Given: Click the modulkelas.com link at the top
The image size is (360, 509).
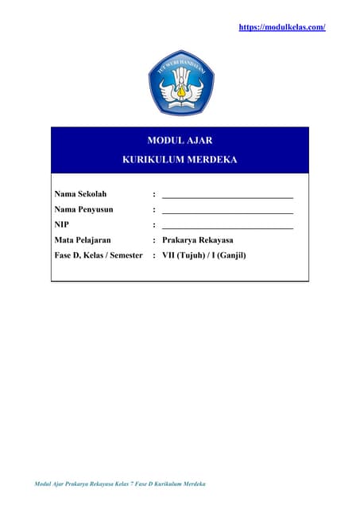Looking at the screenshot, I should [282, 27].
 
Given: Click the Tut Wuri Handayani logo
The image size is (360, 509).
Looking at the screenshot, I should [180, 83].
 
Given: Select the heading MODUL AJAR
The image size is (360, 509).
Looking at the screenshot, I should [180, 140].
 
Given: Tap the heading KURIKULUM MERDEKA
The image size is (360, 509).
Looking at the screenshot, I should [180, 159].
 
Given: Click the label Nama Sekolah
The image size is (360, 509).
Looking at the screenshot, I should [80, 193].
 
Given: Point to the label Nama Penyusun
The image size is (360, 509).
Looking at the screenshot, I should [84, 209].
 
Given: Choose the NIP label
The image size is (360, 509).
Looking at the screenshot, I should [61, 224].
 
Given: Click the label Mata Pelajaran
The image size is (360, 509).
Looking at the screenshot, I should [83, 239].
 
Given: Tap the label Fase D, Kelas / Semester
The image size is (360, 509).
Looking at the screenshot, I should [98, 255].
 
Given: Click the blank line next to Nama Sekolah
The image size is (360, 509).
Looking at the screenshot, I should [227, 195].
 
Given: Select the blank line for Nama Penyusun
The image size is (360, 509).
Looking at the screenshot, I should [227, 211].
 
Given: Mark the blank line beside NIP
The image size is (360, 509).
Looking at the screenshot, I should [227, 227].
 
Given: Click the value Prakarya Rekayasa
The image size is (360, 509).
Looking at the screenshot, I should [197, 239].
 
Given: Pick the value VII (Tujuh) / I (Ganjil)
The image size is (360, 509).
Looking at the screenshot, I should [203, 255].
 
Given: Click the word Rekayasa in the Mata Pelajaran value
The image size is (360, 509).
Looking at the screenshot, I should [215, 239].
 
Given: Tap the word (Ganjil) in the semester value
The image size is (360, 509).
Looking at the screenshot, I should [230, 255].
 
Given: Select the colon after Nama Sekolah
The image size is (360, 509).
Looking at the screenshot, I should [153, 193].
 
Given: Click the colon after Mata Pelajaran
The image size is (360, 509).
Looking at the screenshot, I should [153, 239].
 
